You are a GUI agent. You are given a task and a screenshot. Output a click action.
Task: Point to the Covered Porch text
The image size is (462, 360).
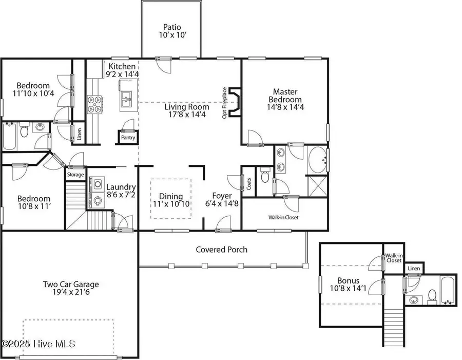pos(221,250)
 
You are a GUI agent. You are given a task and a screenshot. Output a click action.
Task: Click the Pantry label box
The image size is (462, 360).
pos(127,138)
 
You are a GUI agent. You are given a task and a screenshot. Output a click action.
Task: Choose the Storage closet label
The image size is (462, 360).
pos(75,175)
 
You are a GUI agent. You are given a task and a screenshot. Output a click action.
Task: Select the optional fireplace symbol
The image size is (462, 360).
pos(235,103)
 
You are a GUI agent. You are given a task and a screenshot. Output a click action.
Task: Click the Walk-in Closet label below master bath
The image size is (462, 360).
pos(283,217)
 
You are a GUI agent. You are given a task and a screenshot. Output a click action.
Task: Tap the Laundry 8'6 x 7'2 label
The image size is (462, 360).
pos(121,191)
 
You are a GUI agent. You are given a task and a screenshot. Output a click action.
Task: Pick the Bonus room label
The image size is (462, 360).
pos(349,285)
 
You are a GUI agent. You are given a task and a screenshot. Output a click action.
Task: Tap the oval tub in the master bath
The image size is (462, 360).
pos(316,160)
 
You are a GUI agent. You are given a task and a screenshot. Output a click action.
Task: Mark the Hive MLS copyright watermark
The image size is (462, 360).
pos(38,343)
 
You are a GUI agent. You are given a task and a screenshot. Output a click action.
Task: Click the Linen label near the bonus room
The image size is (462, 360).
pos(414,269)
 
